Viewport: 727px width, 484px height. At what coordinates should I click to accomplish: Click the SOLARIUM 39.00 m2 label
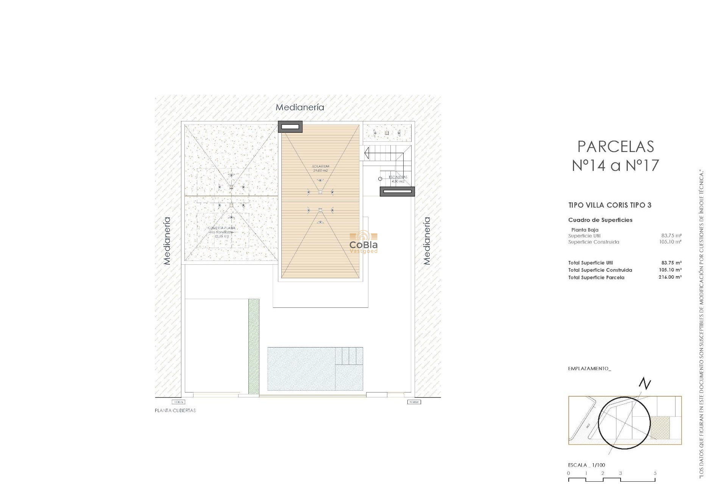(320, 168)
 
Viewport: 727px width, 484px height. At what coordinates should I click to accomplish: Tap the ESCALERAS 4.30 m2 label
(398, 179)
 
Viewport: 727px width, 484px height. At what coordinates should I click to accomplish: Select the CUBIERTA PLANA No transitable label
(222, 232)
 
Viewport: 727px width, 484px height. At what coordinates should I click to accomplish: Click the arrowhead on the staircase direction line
(367, 153)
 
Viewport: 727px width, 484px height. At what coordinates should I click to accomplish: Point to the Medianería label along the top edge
(300, 107)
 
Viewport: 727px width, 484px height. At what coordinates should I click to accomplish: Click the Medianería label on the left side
(167, 240)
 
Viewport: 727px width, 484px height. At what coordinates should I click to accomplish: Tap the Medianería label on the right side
(427, 240)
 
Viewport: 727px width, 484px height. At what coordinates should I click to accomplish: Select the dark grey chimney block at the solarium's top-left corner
(290, 127)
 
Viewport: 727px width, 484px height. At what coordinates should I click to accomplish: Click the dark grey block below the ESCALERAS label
(397, 192)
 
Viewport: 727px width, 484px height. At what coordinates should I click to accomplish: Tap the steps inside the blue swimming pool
(349, 356)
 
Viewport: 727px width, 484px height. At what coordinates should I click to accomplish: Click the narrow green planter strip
(254, 346)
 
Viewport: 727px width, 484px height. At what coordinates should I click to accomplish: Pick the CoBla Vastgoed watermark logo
(363, 242)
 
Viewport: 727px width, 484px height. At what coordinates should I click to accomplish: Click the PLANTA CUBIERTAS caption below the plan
(175, 411)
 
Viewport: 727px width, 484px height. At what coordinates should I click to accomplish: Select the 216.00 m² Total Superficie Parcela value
(670, 277)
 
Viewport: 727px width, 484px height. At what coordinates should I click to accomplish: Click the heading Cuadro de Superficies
(600, 220)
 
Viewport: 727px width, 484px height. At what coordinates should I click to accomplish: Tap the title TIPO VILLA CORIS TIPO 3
(610, 205)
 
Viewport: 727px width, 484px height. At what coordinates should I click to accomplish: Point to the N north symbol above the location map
(644, 384)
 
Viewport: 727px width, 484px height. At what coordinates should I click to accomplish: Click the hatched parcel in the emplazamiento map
(660, 428)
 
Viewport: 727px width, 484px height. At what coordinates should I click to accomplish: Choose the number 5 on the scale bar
(655, 473)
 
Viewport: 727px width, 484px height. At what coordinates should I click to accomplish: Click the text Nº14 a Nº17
(615, 166)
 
